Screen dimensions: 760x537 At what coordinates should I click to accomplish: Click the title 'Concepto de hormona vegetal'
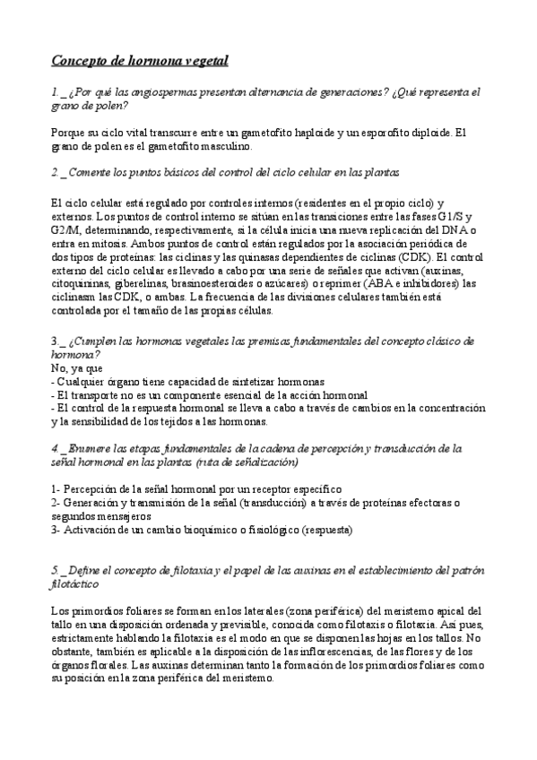pos(139,61)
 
